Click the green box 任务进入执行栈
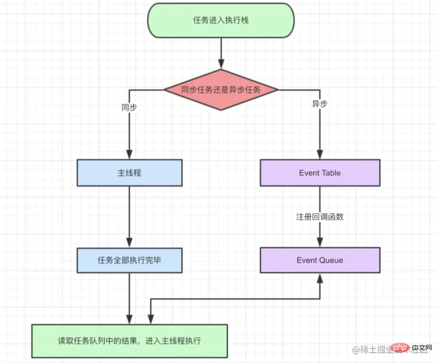click(x=221, y=21)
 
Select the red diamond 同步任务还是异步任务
click(x=221, y=90)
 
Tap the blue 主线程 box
click(x=129, y=173)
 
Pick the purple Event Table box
click(x=320, y=173)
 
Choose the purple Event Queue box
click(x=320, y=260)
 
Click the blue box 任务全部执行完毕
click(x=129, y=260)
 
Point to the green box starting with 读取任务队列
click(x=129, y=341)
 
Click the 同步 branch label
click(x=129, y=107)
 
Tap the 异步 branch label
click(x=320, y=104)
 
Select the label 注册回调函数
click(x=320, y=217)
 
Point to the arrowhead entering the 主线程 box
click(x=129, y=155)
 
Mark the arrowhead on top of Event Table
click(x=320, y=155)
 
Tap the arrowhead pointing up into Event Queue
click(x=320, y=278)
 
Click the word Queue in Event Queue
click(x=331, y=260)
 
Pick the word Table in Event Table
click(x=331, y=173)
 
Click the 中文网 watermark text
click(x=418, y=349)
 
